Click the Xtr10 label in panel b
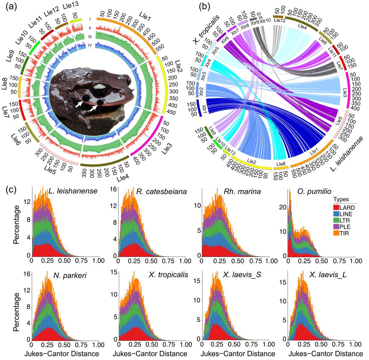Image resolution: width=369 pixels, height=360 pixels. tap(264, 21)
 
